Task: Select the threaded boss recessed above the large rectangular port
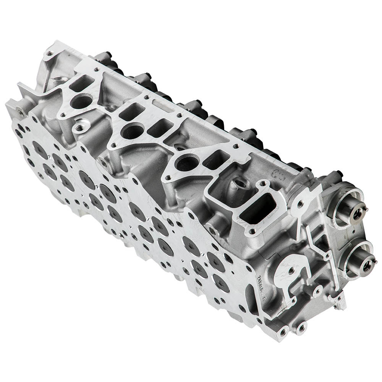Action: [240, 183]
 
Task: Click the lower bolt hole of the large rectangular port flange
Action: [252, 231]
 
